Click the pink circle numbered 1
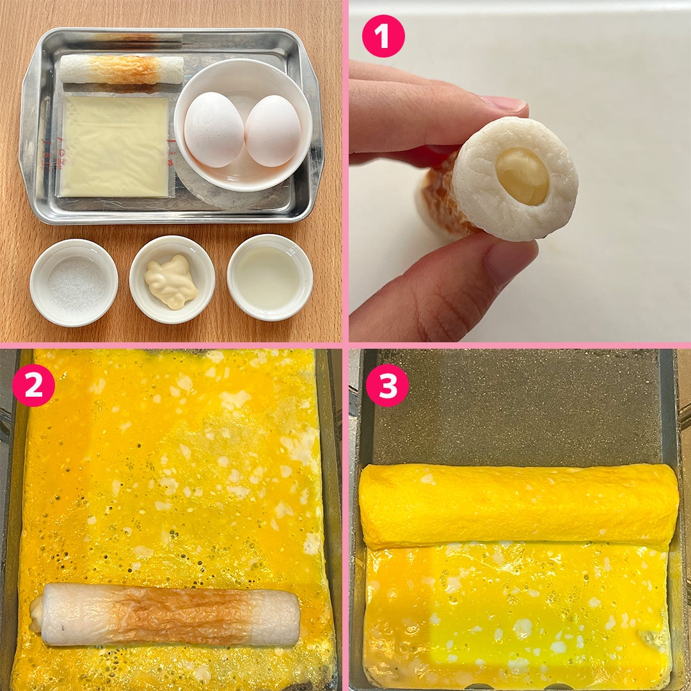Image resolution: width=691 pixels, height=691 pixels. (383, 36)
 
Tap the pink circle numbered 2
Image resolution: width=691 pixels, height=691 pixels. (33, 385)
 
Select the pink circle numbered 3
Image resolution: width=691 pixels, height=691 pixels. (387, 385)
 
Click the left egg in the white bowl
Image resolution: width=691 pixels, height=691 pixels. (214, 129)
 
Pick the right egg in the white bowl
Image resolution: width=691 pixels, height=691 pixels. (273, 131)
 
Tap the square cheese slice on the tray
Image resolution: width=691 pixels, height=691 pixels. (115, 147)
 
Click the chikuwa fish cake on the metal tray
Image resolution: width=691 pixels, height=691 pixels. (122, 69)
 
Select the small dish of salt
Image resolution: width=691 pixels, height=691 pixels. (74, 283)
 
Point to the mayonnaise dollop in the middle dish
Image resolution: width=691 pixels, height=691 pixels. (171, 282)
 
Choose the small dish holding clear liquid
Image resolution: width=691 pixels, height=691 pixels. (270, 277)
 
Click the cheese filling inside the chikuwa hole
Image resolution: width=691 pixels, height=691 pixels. (523, 176)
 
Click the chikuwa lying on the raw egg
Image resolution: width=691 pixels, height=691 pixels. (165, 615)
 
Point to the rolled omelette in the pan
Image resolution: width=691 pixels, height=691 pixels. (519, 506)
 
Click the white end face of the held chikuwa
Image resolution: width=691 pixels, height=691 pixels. (516, 179)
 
